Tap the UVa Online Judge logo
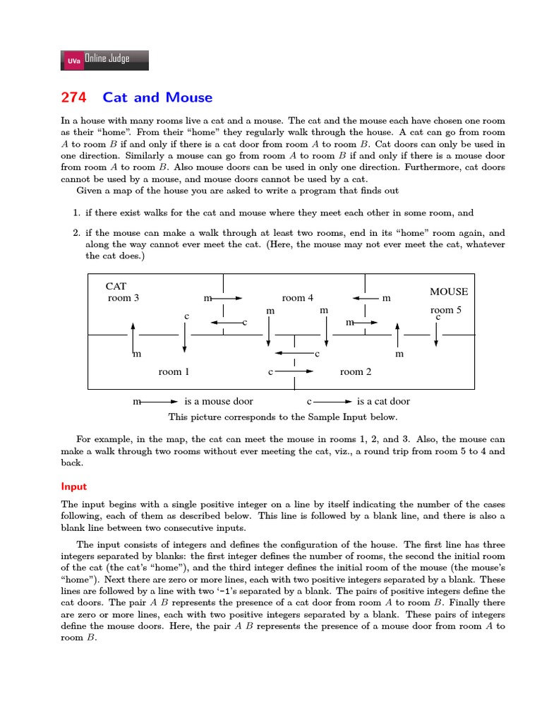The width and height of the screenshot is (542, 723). [x=105, y=60]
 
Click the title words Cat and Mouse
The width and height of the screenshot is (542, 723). [x=157, y=97]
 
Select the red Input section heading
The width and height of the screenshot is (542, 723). [x=73, y=486]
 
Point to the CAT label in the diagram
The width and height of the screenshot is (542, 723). [x=116, y=286]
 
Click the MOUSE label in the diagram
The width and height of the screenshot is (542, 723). [x=449, y=291]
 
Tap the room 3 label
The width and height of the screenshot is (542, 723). [x=124, y=298]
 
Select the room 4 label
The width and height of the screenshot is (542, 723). [x=298, y=298]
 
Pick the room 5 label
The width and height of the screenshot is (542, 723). [x=446, y=310]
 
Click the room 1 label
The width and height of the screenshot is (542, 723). [x=174, y=371]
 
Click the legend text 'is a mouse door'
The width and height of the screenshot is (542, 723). [x=218, y=401]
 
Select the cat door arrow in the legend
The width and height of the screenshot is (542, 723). [x=330, y=401]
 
